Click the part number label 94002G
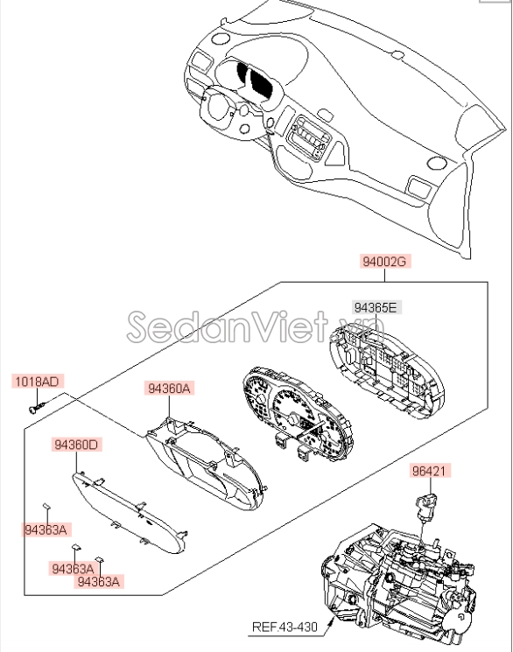(385, 262)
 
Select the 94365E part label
(376, 308)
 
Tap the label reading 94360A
(169, 389)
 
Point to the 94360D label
(76, 445)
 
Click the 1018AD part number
(37, 382)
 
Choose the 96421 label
(429, 471)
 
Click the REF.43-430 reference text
(285, 627)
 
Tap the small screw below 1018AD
(36, 408)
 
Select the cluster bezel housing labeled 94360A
(206, 464)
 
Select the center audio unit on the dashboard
(309, 137)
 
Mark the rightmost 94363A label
(99, 581)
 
